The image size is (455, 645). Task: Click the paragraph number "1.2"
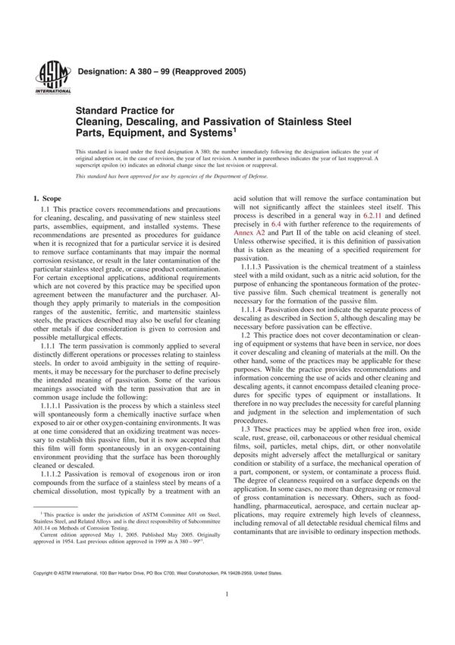click(249, 349)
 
